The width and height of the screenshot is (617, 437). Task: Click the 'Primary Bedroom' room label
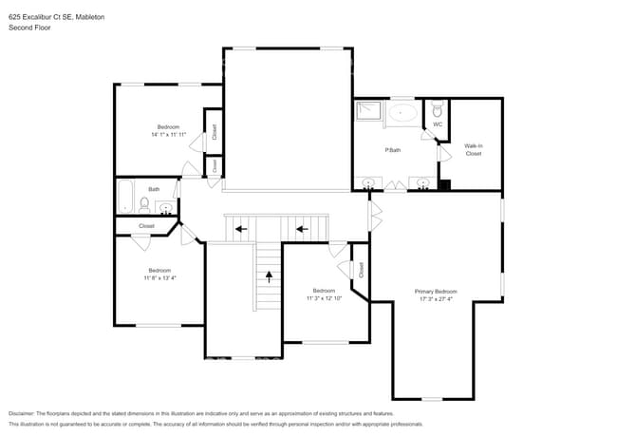[x=436, y=291]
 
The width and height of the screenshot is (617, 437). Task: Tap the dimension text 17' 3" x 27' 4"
[x=436, y=299]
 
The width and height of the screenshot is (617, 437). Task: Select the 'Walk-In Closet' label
[x=473, y=149]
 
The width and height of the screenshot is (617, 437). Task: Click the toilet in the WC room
[x=437, y=109]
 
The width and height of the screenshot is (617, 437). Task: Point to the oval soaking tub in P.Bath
[x=403, y=113]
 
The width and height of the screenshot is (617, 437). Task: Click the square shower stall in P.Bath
[x=368, y=112]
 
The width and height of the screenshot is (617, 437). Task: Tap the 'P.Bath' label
[x=391, y=150]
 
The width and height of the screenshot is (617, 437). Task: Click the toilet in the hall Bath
[x=144, y=203]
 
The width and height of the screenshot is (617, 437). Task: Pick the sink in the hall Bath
[x=166, y=207]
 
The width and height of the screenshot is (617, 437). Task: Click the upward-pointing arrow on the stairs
[x=269, y=277]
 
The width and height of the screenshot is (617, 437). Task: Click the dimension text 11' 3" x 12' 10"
[x=323, y=298]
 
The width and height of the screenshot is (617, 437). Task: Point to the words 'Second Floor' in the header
[x=30, y=28]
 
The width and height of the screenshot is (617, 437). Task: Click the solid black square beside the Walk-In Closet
[x=444, y=184]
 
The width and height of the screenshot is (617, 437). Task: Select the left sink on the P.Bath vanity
[x=368, y=182]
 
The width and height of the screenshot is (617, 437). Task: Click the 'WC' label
[x=438, y=124]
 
